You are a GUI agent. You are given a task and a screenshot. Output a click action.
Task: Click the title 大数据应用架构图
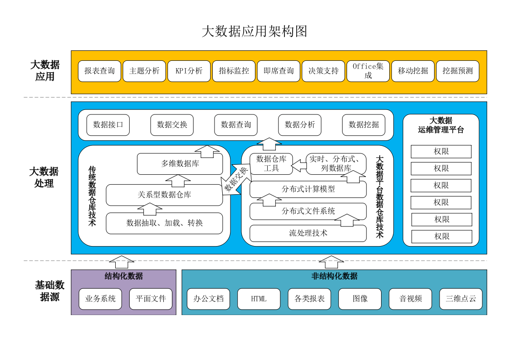point(254,31)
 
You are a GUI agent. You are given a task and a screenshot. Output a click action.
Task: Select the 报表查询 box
point(99,71)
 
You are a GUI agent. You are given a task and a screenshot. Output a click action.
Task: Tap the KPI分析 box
point(189,71)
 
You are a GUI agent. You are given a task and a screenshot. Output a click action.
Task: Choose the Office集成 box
point(368,71)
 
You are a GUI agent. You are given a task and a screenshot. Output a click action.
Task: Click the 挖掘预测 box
point(457,71)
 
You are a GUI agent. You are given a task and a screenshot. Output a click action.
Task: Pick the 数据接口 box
point(108,125)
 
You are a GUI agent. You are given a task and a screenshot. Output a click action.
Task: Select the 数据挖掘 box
point(363,125)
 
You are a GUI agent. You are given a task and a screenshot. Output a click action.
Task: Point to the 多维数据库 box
point(180,164)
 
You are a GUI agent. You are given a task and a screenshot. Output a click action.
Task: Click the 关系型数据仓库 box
point(164,195)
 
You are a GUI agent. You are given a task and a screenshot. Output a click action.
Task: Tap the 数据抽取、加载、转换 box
point(164,223)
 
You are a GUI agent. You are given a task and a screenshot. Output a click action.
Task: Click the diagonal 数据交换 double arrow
point(236,180)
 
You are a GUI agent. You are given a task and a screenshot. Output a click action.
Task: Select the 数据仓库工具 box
point(271,164)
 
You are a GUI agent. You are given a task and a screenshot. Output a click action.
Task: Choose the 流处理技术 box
point(308,233)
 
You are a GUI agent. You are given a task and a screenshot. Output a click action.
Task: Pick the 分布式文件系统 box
point(308,211)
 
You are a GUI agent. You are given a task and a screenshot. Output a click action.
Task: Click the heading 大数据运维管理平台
point(441,125)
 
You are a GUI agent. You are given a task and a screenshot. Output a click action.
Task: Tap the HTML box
point(259,299)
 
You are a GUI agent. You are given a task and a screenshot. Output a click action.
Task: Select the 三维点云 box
point(460,299)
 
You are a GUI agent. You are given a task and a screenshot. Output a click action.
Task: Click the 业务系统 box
point(100,299)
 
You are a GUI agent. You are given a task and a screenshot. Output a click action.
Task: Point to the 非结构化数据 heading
point(334,276)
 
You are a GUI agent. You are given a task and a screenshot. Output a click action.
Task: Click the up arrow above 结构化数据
point(122,262)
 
